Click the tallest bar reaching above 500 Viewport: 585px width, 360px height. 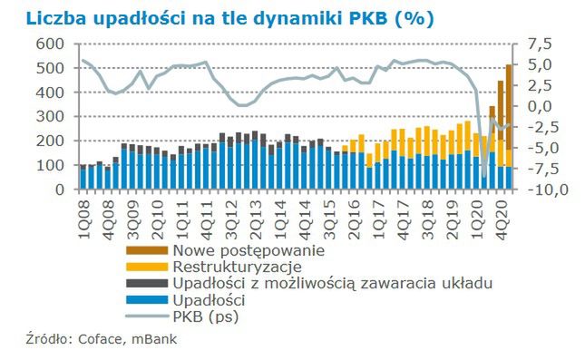click(509, 127)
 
